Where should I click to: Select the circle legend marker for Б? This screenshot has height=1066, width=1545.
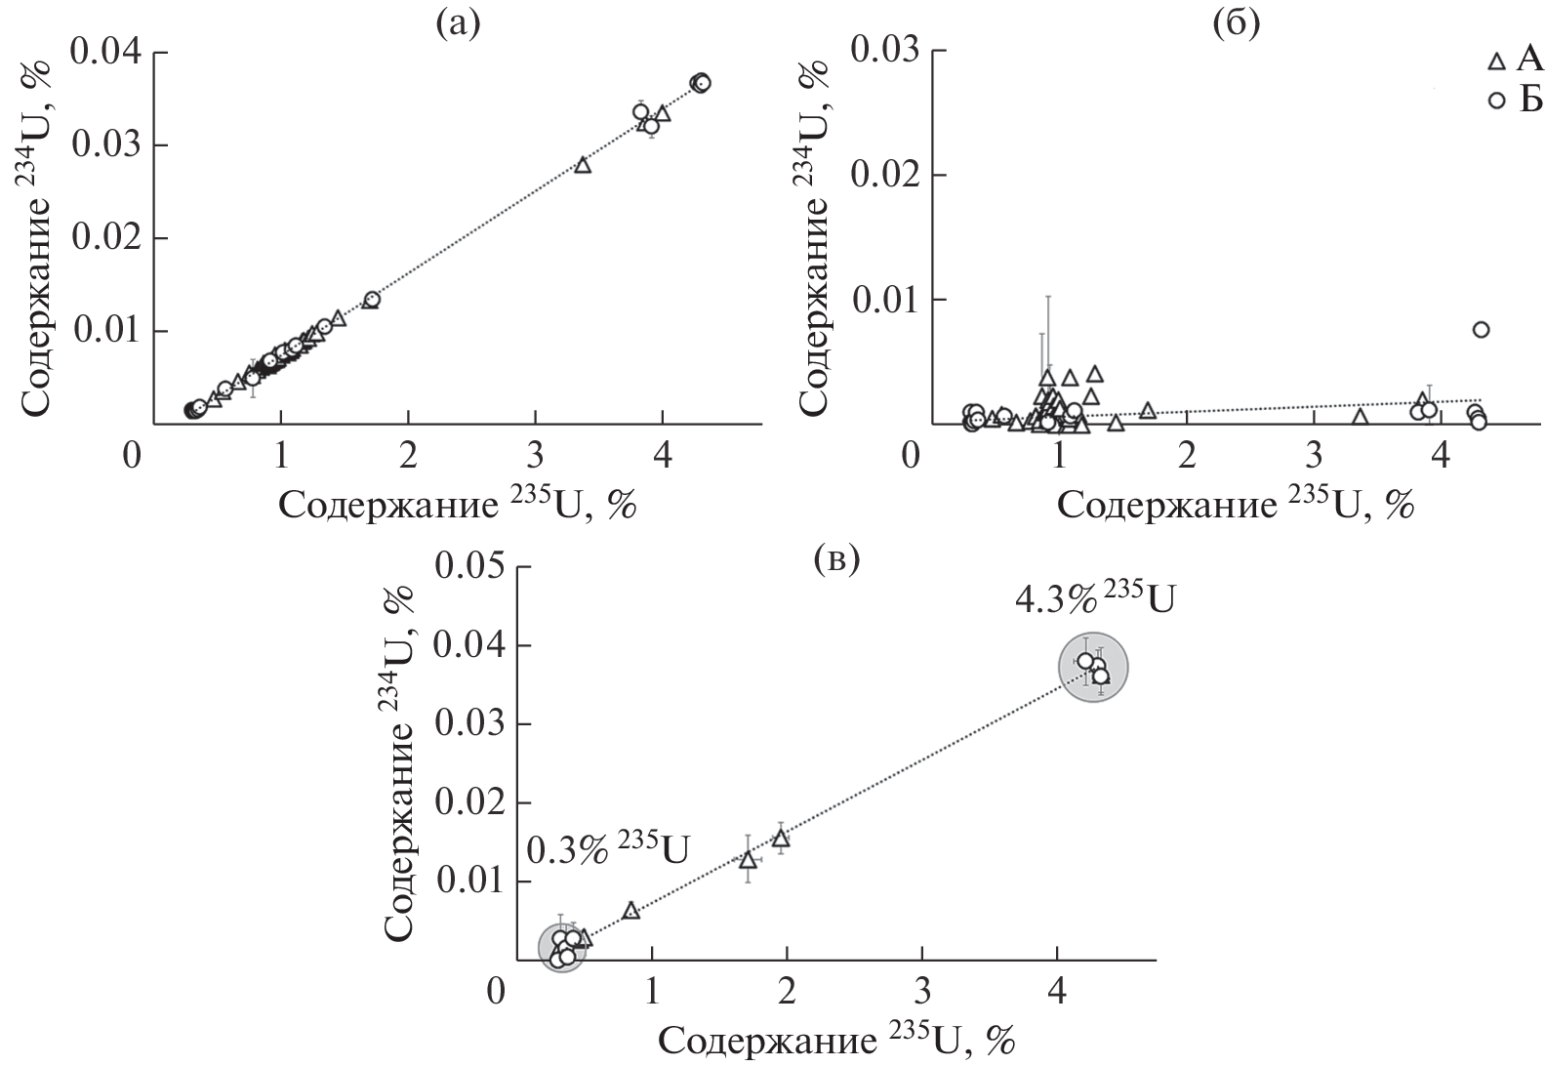click(x=1495, y=101)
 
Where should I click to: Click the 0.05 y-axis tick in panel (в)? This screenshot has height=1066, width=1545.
click(x=473, y=566)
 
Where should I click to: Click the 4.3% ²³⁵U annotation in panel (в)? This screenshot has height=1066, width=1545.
click(x=1093, y=599)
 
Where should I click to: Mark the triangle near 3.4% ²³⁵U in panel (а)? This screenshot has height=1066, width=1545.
click(x=583, y=165)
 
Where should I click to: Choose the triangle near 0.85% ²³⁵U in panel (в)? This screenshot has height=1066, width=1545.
click(x=630, y=911)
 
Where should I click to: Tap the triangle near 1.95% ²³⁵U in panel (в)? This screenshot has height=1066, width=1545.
click(x=781, y=838)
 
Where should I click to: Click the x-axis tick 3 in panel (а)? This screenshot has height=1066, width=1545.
click(x=535, y=455)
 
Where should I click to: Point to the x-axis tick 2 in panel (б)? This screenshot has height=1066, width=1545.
click(x=1187, y=455)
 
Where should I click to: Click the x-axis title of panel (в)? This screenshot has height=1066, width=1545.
click(x=837, y=1041)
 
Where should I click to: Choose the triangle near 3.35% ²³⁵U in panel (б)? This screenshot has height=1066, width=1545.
click(x=1360, y=417)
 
